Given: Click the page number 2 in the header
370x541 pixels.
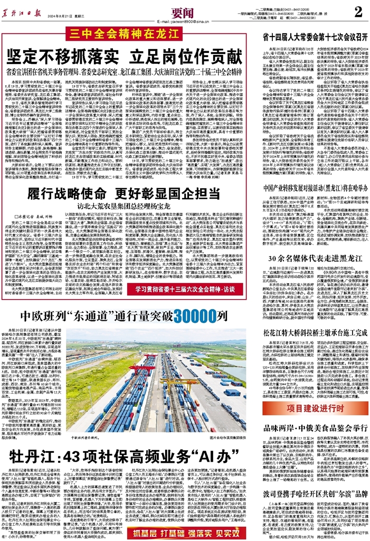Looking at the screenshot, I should pyautogui.click(x=357, y=12).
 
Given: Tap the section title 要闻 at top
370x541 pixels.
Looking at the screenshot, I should pyautogui.click(x=184, y=10).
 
